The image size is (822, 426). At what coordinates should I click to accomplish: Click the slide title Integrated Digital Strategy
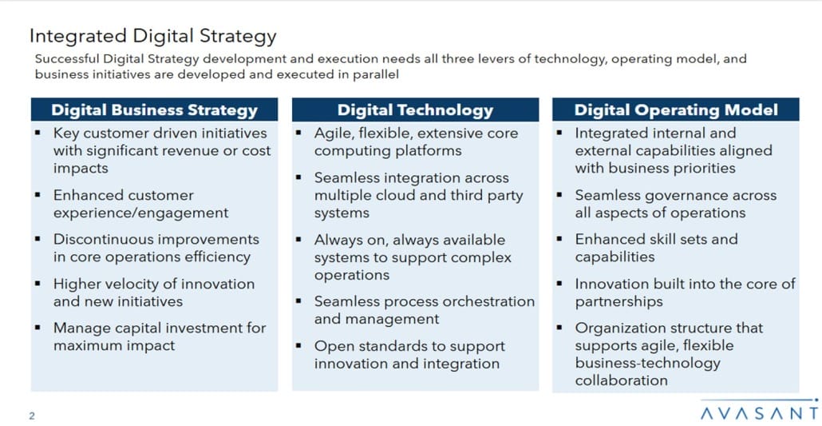tap(152, 36)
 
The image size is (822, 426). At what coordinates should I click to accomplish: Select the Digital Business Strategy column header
tap(154, 110)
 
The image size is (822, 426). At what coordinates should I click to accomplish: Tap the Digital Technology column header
tap(415, 110)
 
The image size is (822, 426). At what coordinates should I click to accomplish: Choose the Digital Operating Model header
tap(676, 110)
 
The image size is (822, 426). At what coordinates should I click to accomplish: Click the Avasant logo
tap(760, 411)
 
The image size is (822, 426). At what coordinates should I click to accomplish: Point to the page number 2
tap(32, 416)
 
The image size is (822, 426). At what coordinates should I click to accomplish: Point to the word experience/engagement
tap(141, 213)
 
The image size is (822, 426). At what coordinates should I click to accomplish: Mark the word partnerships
tap(618, 302)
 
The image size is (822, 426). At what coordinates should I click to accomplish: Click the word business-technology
tap(648, 364)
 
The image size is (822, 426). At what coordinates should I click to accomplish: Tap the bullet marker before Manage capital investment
tap(38, 327)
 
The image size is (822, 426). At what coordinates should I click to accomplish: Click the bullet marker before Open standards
tap(298, 345)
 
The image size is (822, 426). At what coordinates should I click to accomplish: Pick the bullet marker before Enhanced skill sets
tap(559, 238)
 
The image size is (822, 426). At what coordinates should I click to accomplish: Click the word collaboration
tap(621, 380)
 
